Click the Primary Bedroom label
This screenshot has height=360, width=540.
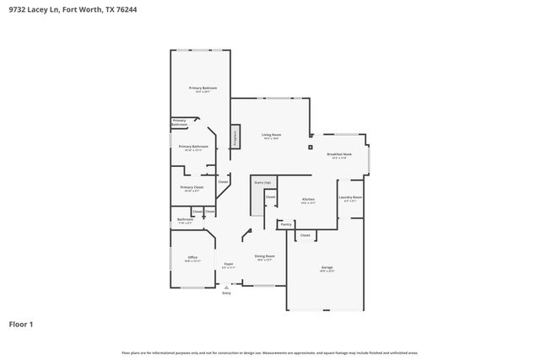(x=202, y=89)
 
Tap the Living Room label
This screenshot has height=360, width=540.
(x=271, y=136)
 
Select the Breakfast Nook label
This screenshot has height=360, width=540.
(x=339, y=155)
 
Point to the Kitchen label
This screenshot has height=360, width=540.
(x=308, y=201)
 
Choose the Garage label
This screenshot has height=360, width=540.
(x=327, y=269)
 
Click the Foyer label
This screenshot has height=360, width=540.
(x=228, y=266)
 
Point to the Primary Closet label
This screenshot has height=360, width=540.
(x=192, y=188)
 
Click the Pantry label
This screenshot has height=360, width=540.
(x=286, y=224)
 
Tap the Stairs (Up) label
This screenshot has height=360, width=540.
(x=262, y=182)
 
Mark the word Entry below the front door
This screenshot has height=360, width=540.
(x=226, y=293)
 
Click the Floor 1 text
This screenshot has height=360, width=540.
(x=21, y=324)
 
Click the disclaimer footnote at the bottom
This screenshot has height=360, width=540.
(x=269, y=352)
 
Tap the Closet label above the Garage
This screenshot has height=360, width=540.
(x=305, y=235)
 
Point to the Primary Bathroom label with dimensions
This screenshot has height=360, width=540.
(x=193, y=148)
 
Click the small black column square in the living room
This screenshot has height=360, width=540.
(x=310, y=134)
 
